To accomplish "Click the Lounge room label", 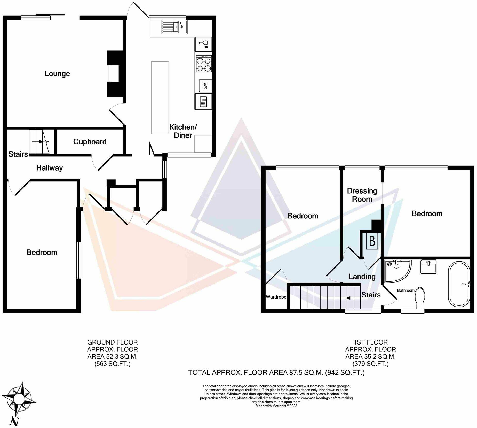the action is click(x=57, y=74).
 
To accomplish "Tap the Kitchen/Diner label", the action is click(x=183, y=131).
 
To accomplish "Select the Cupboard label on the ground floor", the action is click(x=90, y=142).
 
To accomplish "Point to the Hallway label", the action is click(x=50, y=168).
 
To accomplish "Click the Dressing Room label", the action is click(x=362, y=195).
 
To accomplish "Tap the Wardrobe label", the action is click(x=276, y=297).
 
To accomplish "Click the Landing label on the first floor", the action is click(x=362, y=277).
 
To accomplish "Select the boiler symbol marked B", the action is click(x=372, y=241).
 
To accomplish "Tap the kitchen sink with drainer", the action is click(x=174, y=27).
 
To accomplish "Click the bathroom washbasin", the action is click(x=428, y=267).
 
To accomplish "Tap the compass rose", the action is click(x=19, y=398).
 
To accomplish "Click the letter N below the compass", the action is click(x=14, y=422).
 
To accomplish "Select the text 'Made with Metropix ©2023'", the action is click(x=276, y=406).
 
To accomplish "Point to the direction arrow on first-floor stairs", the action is click(x=352, y=298).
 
